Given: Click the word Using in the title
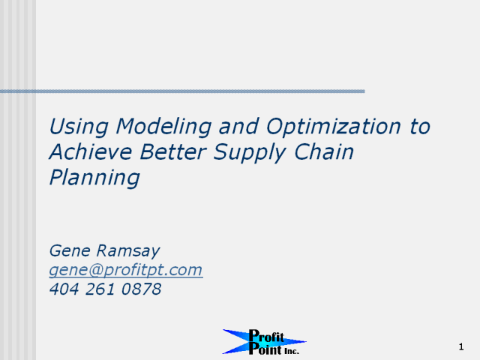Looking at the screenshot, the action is [79, 127].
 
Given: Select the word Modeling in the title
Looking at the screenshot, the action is [163, 127].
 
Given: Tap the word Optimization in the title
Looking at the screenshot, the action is [334, 127].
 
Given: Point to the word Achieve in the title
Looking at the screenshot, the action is [91, 151].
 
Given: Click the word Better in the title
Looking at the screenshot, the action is [173, 151].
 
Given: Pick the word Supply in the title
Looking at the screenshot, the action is [250, 153].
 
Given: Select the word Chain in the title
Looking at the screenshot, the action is [324, 151].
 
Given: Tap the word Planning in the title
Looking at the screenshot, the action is [94, 178].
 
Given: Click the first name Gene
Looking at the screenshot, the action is [70, 250].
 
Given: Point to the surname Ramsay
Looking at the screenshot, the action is [128, 252].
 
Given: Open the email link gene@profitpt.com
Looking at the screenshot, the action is [126, 270].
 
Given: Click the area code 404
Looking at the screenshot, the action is [64, 289].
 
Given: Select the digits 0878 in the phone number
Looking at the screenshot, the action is [141, 289].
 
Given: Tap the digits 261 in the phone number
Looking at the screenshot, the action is [100, 289].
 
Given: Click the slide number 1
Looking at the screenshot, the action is [461, 346].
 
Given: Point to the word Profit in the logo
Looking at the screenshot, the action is [266, 336].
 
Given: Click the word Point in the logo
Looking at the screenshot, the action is [265, 349].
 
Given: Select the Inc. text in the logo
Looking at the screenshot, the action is [292, 351].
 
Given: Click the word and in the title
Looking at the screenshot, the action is [238, 127].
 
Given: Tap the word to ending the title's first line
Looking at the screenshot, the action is [420, 127].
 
